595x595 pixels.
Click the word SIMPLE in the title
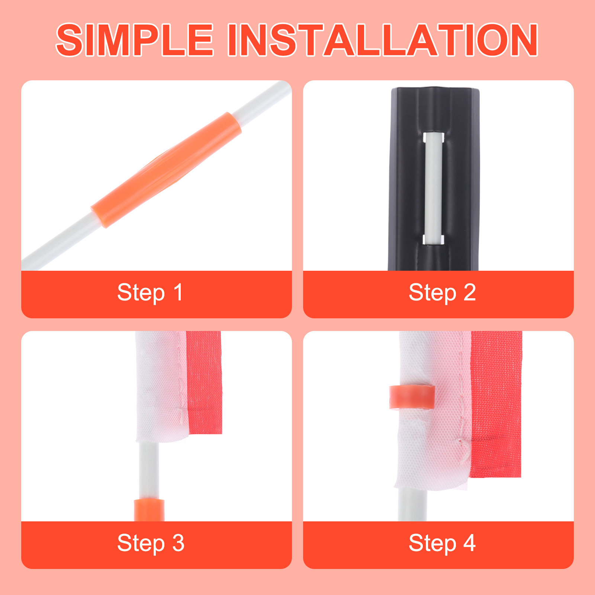[x=135, y=40]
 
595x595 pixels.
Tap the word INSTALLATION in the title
[x=383, y=40]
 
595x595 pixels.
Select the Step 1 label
[x=150, y=293]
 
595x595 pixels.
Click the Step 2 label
[x=442, y=293]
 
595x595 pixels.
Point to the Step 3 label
[x=151, y=543]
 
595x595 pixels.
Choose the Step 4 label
[x=442, y=543]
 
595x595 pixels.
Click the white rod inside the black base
[x=434, y=189]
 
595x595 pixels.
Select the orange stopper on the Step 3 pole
[x=149, y=510]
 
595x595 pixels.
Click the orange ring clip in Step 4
[x=412, y=397]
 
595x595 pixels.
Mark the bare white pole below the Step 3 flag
[x=149, y=471]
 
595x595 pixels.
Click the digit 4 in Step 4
[x=469, y=543]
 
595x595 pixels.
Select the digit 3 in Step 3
[x=178, y=543]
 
